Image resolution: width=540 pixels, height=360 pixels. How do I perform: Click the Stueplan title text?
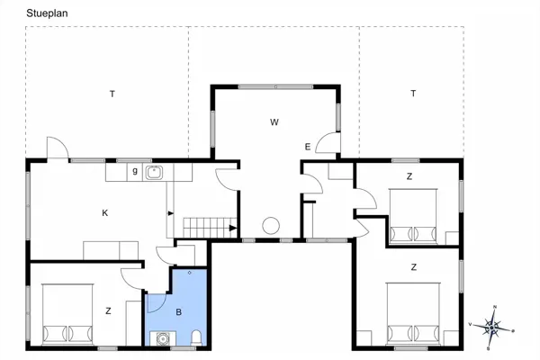(x=47, y=13)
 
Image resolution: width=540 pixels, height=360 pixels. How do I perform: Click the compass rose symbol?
(x=491, y=328)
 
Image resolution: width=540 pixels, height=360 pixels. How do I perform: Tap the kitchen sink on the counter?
(x=154, y=172)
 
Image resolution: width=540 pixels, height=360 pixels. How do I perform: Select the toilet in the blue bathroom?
(x=196, y=337)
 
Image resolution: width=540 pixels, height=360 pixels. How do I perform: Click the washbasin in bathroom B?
(x=162, y=338)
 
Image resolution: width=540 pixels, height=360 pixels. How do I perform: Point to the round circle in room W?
(x=271, y=226)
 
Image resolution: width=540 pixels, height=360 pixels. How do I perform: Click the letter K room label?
(x=105, y=213)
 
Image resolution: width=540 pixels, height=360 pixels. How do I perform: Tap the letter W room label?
(x=274, y=122)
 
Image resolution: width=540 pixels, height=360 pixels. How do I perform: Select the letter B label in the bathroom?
(x=179, y=312)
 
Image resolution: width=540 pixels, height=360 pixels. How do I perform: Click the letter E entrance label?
(x=308, y=147)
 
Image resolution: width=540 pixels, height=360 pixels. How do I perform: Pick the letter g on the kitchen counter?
(x=135, y=170)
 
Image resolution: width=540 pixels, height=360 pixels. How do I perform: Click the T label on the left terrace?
(x=112, y=94)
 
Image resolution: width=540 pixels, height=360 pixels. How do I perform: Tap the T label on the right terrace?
(x=413, y=93)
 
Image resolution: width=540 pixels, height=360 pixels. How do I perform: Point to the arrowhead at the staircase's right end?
(x=233, y=228)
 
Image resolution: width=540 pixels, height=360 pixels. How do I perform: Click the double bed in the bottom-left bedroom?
(x=67, y=314)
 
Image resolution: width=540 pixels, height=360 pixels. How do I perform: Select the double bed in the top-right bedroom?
(x=413, y=216)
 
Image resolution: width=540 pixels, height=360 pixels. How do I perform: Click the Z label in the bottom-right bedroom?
(x=414, y=267)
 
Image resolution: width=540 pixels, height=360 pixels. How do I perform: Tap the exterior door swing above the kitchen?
(x=58, y=148)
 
